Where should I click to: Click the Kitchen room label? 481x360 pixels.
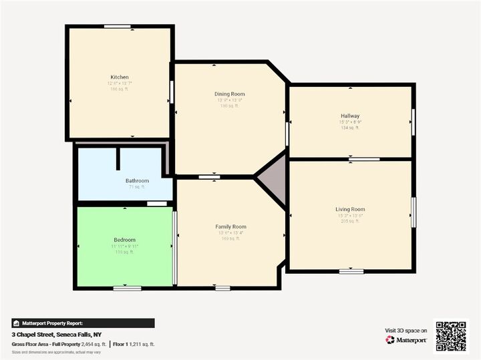[x=120, y=77]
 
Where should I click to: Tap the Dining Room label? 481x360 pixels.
[x=229, y=94]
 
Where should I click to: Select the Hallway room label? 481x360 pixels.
[x=350, y=116]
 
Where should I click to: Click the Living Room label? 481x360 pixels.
[x=350, y=209]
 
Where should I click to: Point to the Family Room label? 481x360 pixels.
[x=230, y=227]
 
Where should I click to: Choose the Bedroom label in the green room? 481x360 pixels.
[x=124, y=240]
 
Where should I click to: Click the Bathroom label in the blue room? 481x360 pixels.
[x=137, y=180]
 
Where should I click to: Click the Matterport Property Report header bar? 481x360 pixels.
[x=83, y=323]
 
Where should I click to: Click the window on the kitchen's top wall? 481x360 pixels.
[x=117, y=26]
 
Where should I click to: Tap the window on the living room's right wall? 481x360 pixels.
[x=414, y=212]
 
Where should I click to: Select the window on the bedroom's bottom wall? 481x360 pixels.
[x=127, y=288]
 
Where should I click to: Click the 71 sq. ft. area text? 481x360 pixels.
[x=137, y=188]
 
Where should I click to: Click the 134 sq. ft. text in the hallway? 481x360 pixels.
[x=350, y=128]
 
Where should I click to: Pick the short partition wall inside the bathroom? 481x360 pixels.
[x=118, y=159]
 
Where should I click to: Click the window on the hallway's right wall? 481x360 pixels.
[x=414, y=120]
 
